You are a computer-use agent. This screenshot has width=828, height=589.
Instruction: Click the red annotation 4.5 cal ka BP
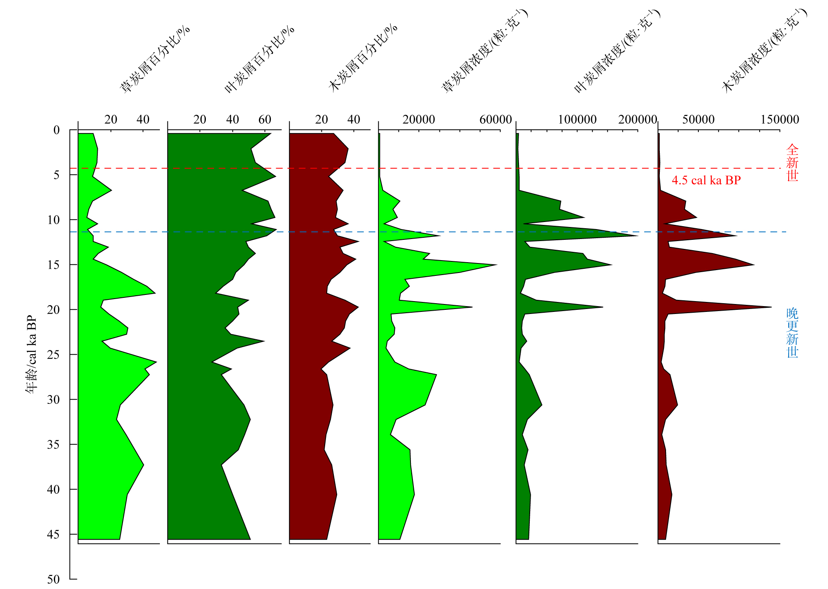706,180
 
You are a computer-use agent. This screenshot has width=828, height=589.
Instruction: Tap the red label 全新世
792,162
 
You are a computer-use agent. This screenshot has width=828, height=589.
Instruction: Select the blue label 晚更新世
792,333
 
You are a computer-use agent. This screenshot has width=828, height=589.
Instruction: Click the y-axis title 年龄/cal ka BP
31,354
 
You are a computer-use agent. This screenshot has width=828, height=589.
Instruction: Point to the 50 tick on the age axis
53,579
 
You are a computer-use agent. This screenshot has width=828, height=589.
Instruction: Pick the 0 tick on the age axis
56,130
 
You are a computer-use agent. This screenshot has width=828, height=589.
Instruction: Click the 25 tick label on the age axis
53,355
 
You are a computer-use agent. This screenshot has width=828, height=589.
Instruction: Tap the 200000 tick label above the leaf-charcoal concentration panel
637,120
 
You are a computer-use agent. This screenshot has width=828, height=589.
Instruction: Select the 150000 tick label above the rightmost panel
780,120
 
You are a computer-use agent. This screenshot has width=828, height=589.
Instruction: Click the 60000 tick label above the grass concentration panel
495,120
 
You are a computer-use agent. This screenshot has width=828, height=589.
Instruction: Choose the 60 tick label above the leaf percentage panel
265,120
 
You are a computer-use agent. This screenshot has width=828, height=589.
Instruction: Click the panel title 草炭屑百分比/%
155,59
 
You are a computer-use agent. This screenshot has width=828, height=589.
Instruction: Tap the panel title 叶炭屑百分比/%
259,59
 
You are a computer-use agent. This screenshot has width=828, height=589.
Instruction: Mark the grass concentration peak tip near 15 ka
496,265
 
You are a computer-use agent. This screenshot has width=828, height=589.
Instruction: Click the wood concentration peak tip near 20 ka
771,307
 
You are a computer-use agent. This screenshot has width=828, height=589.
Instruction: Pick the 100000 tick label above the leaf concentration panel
577,120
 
